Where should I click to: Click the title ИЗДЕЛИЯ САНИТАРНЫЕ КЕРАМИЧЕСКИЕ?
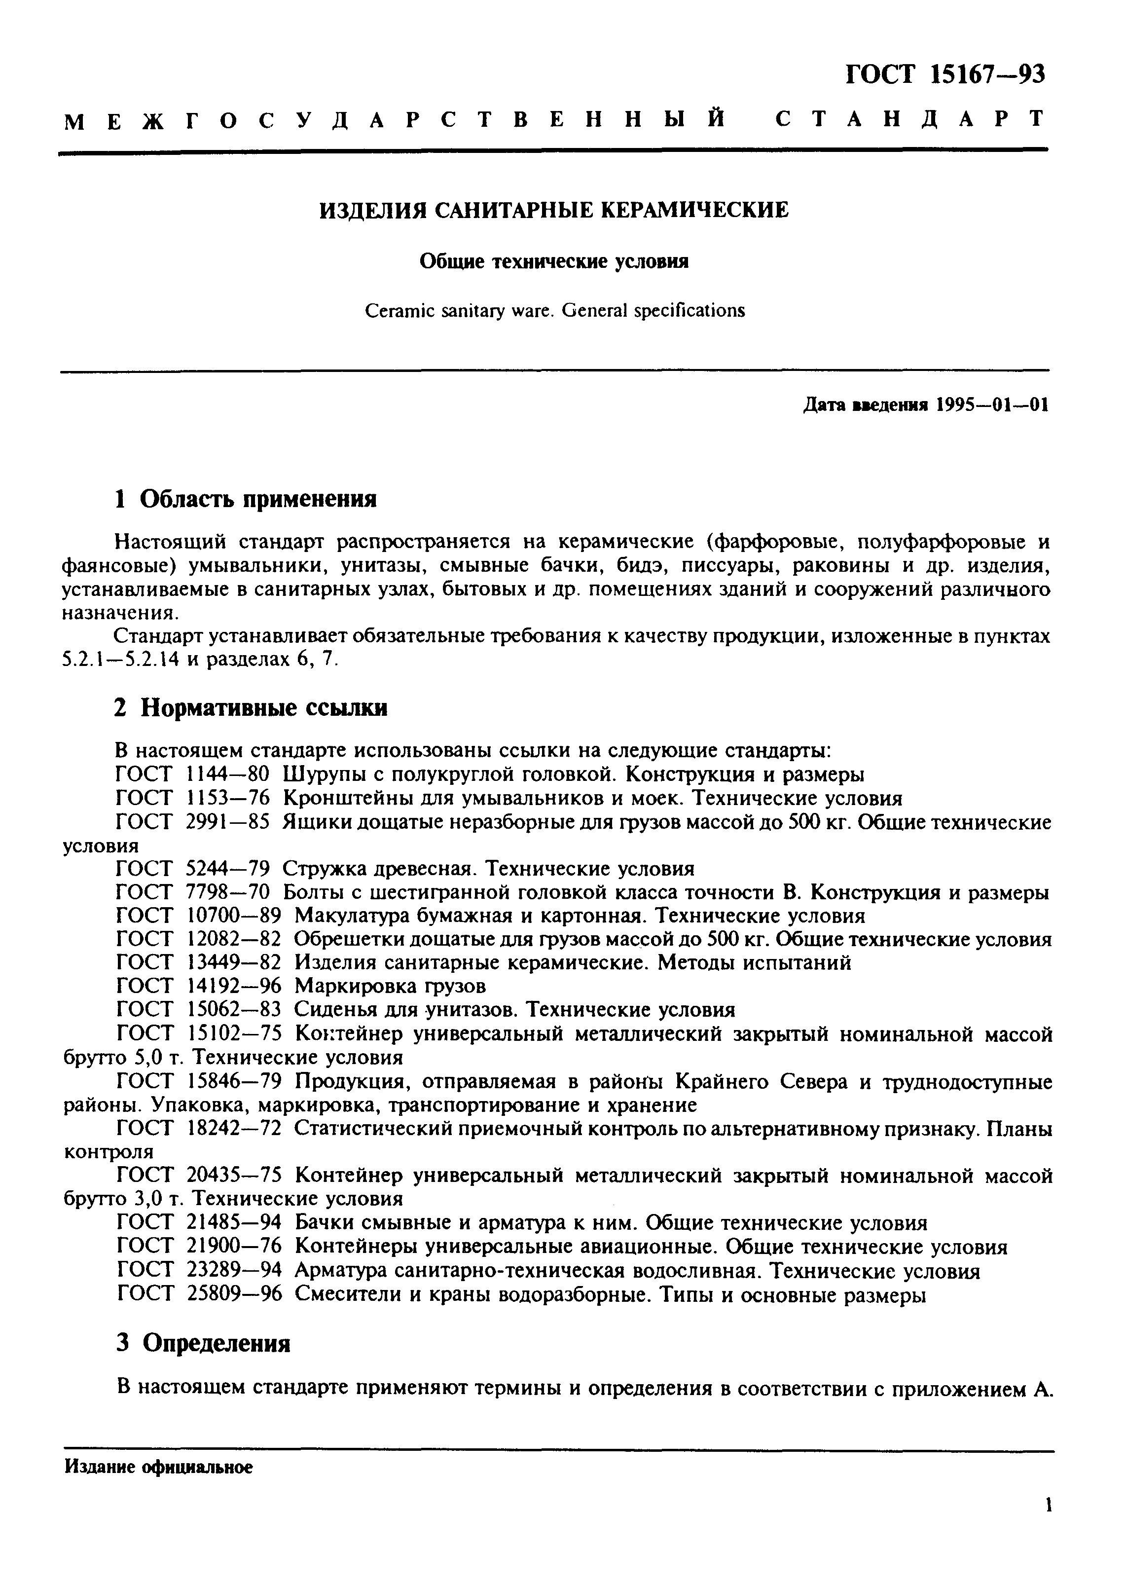[553, 209]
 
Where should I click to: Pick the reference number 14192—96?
[234, 985]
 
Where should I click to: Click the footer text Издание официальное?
[159, 1486]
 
